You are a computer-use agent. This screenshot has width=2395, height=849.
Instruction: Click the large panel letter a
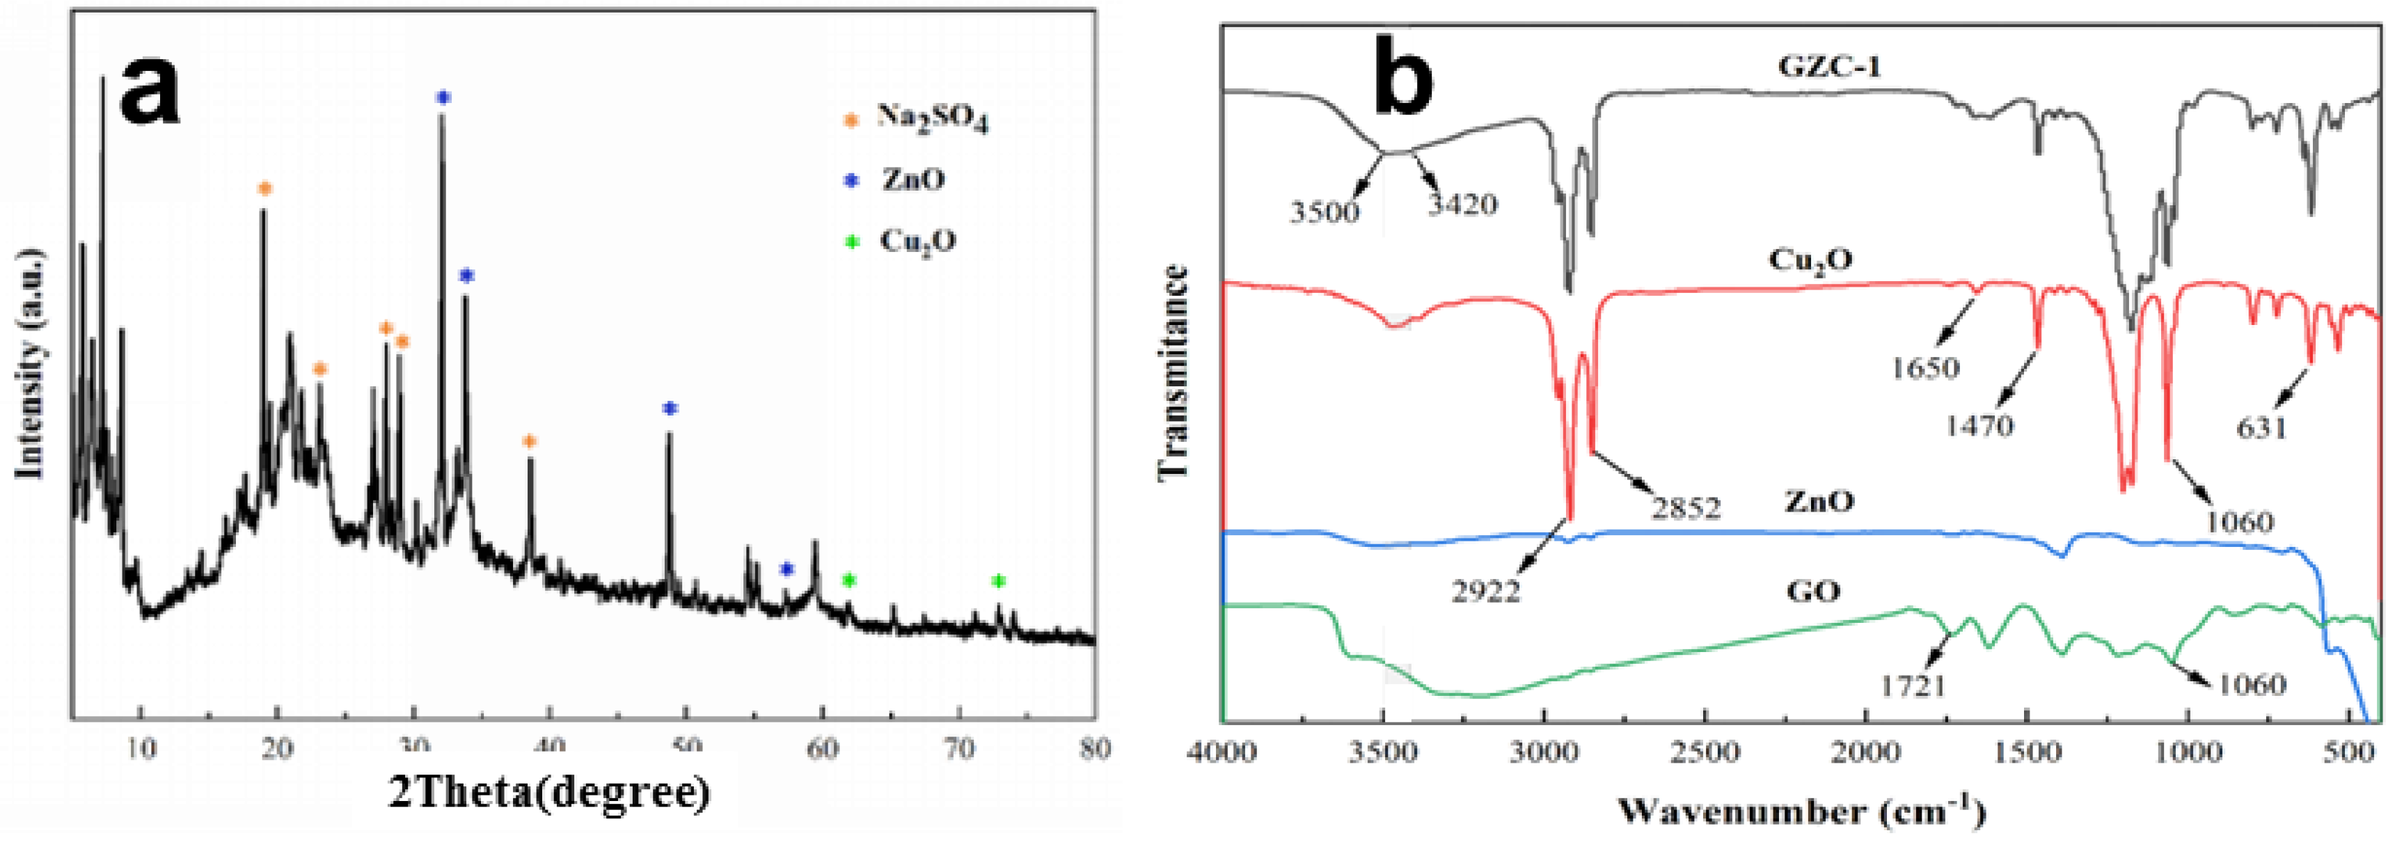(149, 88)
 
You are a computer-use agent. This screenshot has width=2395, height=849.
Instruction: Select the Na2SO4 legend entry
(931, 120)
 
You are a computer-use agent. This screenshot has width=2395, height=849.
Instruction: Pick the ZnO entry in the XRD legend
(912, 180)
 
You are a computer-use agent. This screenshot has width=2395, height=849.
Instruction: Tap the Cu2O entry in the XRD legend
(917, 241)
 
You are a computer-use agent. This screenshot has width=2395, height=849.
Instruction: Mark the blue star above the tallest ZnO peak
(443, 97)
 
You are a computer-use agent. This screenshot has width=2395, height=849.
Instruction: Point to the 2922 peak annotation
(1485, 592)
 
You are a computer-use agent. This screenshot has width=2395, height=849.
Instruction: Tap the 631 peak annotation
(2261, 428)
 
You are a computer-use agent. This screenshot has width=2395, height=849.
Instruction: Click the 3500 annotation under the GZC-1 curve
(1324, 212)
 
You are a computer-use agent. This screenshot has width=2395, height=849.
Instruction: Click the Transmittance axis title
(1175, 372)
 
